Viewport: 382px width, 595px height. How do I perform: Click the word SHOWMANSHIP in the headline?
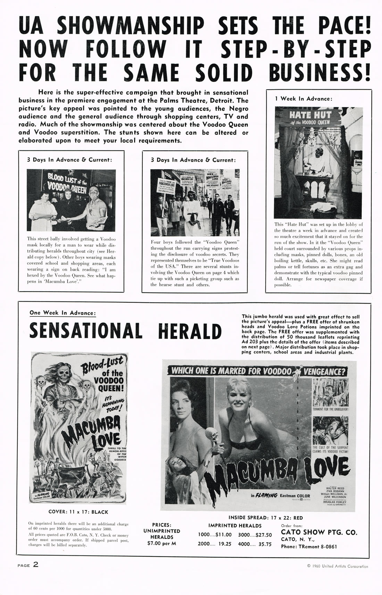pos(131,27)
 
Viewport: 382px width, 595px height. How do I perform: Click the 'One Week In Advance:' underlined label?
pos(63,313)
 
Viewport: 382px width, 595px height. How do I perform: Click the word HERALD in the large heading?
pos(190,331)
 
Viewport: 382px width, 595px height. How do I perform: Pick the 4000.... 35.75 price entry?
pos(255,544)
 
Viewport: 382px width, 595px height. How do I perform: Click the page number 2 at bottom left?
pos(36,564)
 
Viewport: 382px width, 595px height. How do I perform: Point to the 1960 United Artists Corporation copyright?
pos(338,566)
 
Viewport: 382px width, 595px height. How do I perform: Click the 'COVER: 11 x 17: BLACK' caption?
pos(78,512)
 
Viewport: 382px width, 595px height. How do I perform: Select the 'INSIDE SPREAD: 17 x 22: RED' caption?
pos(266,518)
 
